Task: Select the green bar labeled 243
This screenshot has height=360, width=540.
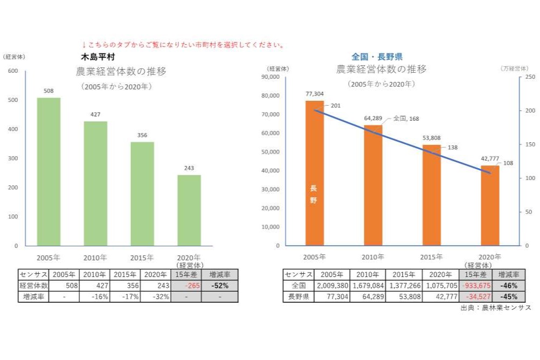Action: click(x=189, y=210)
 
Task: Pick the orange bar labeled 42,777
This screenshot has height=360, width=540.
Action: click(x=490, y=205)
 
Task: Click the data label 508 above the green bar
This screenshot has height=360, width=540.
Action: click(x=49, y=91)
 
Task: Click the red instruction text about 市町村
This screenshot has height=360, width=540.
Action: click(x=183, y=45)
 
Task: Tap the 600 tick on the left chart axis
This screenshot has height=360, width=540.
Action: click(x=12, y=71)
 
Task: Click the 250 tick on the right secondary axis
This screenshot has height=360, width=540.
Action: click(x=530, y=77)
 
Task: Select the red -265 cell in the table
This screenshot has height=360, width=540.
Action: click(x=186, y=286)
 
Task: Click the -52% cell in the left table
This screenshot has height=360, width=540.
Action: click(x=220, y=286)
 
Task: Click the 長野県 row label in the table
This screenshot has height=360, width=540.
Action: click(x=298, y=296)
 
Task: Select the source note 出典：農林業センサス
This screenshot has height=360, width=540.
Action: click(x=496, y=308)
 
